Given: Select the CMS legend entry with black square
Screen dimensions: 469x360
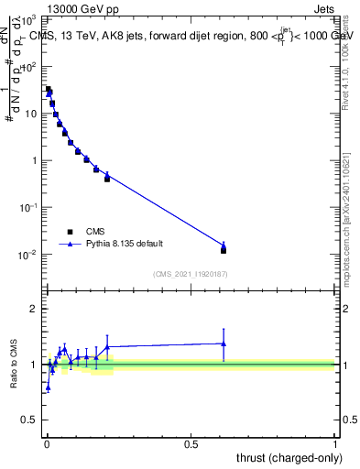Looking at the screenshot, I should click(92, 232).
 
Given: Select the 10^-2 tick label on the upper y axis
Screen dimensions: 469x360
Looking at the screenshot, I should click(28, 255).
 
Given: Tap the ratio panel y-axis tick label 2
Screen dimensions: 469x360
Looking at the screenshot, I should click(34, 309).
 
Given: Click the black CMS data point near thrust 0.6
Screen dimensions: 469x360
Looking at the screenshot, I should click(224, 250).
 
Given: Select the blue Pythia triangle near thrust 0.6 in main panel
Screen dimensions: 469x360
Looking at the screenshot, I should click(224, 245).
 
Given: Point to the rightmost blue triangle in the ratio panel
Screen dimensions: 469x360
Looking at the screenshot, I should click(224, 344).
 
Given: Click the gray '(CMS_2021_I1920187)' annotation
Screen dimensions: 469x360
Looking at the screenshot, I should click(190, 274).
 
